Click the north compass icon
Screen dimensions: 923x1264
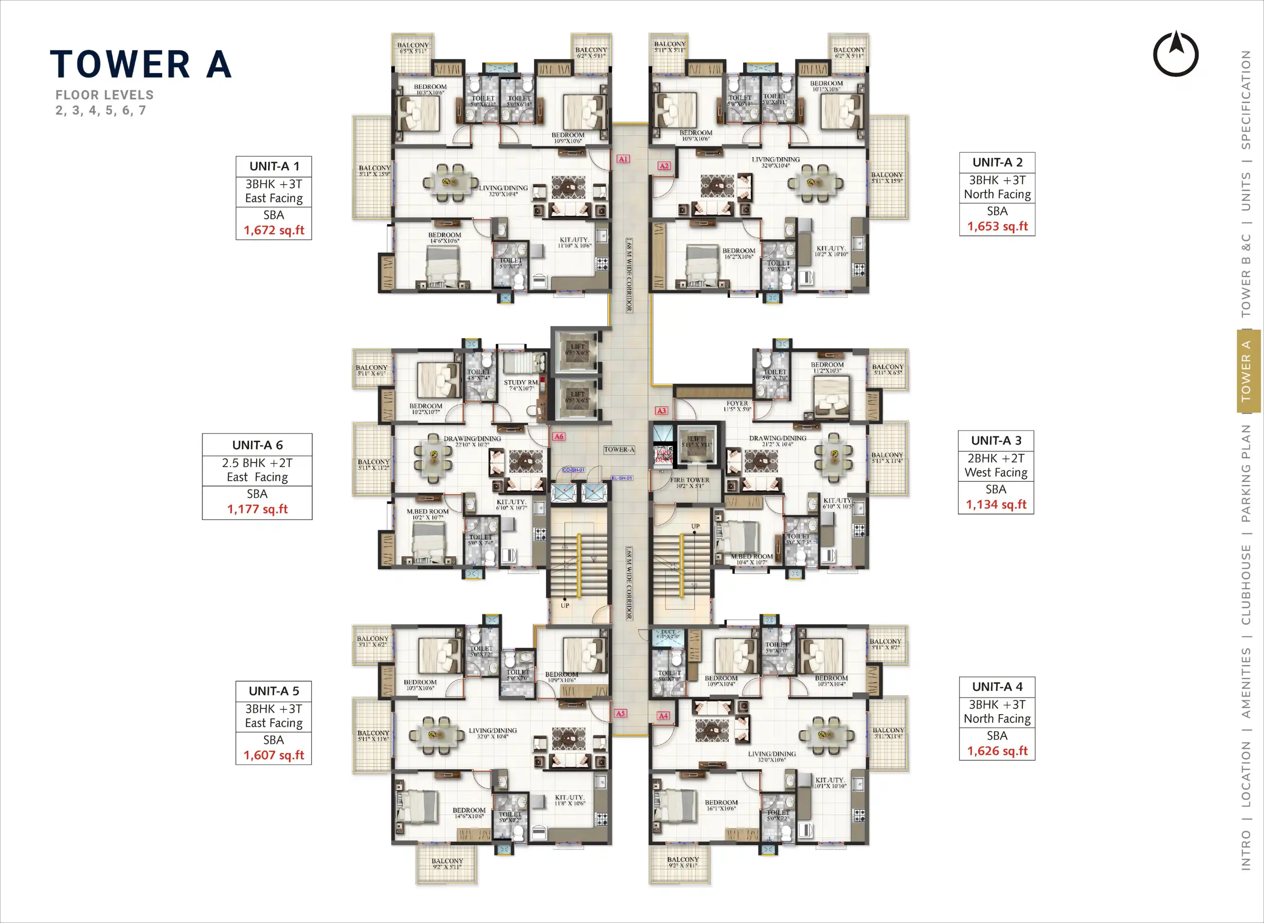[x=1176, y=54]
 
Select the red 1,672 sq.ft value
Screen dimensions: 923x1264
[x=274, y=230]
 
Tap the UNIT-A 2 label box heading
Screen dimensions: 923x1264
[x=997, y=162]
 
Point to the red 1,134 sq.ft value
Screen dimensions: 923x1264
[x=996, y=505]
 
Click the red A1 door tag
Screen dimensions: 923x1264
[x=623, y=159]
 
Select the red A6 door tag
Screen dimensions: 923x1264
[x=559, y=436]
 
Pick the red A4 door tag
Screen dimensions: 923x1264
[x=663, y=716]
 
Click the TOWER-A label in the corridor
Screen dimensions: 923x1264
[x=619, y=449]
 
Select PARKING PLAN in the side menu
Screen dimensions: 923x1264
[x=1246, y=473]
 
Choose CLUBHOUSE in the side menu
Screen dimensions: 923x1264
[x=1246, y=584]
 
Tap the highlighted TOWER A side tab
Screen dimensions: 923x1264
[x=1246, y=371]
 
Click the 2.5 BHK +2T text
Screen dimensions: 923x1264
[x=257, y=463]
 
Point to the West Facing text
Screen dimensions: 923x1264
[x=996, y=473]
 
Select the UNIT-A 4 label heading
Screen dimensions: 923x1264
[x=997, y=687]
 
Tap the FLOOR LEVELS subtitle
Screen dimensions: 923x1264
[x=104, y=95]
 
